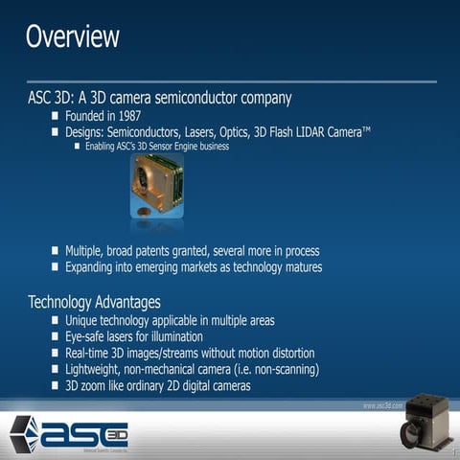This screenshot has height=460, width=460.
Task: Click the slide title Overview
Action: [73, 37]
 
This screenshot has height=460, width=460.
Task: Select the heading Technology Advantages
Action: [94, 302]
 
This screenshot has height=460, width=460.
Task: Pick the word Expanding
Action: [96, 266]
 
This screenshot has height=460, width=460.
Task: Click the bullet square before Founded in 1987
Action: [56, 116]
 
